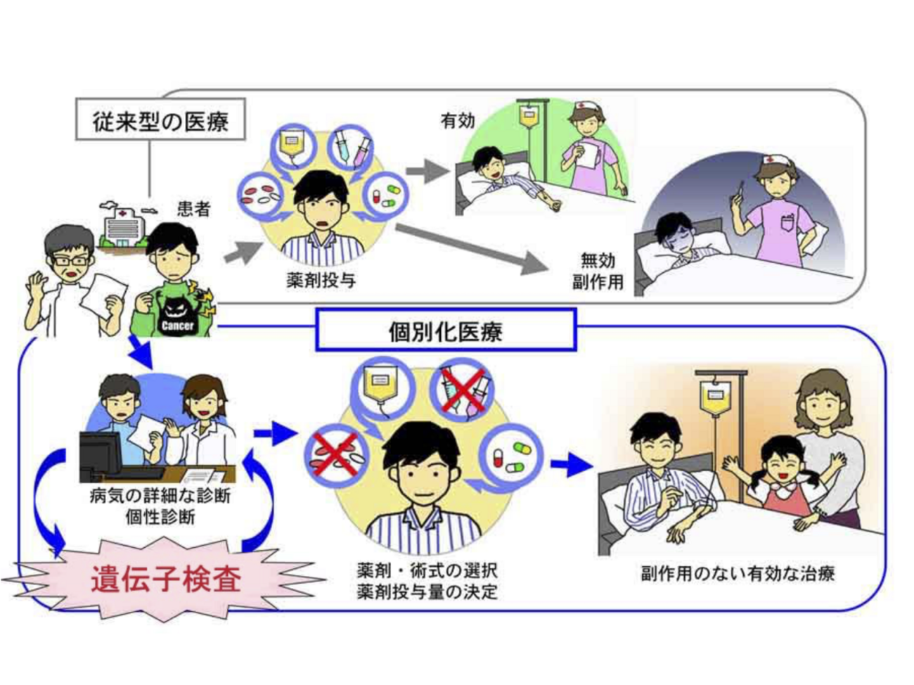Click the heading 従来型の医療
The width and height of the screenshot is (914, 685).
click(160, 122)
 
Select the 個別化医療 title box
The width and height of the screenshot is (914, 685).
click(446, 330)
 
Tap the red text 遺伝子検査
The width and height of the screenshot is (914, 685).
click(166, 578)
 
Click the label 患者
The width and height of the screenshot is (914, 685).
click(193, 209)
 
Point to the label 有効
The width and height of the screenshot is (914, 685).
click(458, 121)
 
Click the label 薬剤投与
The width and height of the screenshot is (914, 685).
click(321, 280)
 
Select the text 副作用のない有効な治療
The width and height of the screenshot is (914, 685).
click(738, 573)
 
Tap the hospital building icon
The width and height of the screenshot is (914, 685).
click(123, 225)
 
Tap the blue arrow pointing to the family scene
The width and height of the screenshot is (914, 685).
click(572, 464)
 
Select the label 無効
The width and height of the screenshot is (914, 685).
click(598, 261)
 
